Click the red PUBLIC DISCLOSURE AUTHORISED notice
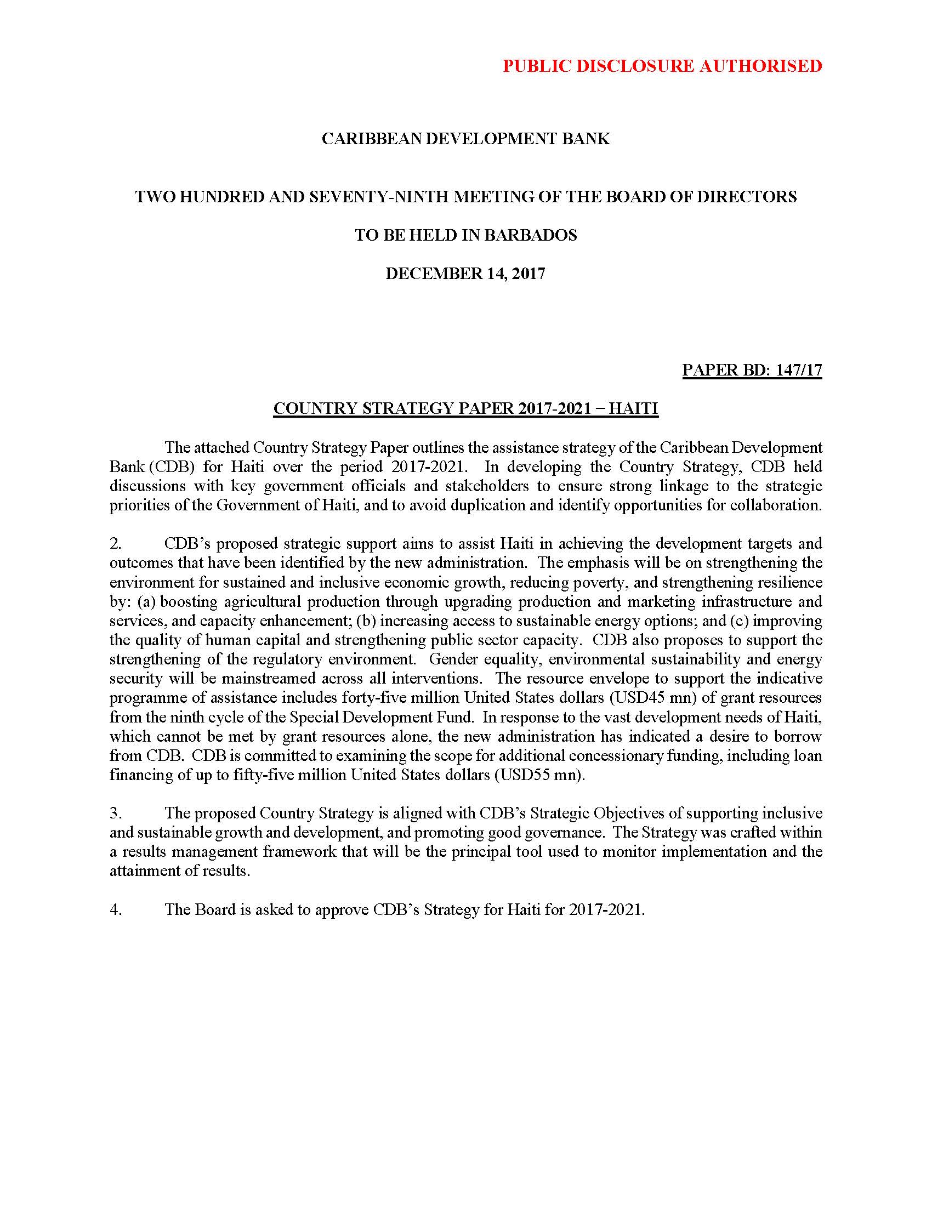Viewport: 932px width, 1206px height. (x=662, y=66)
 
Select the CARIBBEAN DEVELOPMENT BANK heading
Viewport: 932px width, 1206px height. (x=465, y=139)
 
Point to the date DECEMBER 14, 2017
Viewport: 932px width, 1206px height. (x=465, y=274)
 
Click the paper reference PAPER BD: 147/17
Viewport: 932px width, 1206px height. (x=752, y=370)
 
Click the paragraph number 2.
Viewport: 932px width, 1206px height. (x=115, y=543)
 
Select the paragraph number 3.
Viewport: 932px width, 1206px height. (x=115, y=813)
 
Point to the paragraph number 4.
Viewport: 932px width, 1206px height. (x=115, y=909)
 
